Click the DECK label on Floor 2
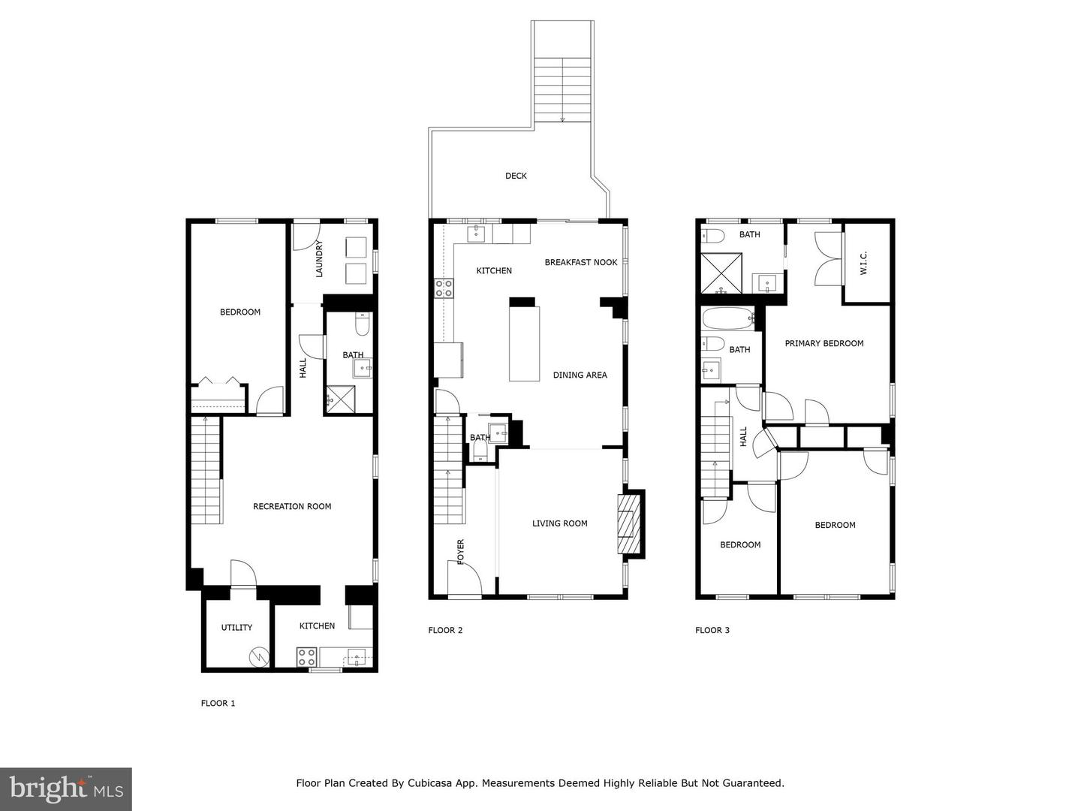516,176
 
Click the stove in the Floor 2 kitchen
444,288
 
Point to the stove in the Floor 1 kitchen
306,657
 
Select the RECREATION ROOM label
292,506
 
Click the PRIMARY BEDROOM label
824,343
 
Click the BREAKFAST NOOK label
580,262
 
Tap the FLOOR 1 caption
218,704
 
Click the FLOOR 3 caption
712,630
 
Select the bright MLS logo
66,788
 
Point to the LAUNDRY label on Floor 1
319,259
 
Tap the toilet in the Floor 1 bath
362,325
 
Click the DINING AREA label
580,375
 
